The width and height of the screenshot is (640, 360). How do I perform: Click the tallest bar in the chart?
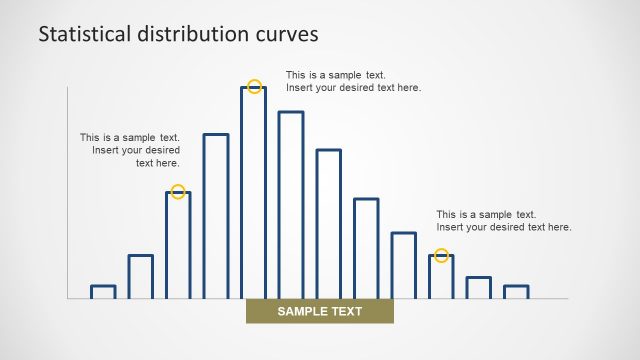coord(254,192)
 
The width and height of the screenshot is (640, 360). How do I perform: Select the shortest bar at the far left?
coord(103,292)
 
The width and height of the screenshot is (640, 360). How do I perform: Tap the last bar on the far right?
coord(516,292)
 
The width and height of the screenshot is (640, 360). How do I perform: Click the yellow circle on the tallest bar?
coord(254,87)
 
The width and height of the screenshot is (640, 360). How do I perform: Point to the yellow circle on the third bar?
coord(178,192)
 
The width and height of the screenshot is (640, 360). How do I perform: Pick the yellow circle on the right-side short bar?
coord(441,256)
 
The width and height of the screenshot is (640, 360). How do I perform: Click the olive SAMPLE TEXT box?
coord(320,312)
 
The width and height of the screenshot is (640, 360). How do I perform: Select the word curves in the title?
coord(287,34)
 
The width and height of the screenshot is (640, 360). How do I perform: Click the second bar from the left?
coord(141,277)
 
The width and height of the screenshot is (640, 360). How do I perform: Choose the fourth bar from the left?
coord(216,215)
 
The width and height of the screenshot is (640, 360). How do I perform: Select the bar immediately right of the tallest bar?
coord(291,205)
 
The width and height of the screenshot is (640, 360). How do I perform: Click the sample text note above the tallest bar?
coord(353,81)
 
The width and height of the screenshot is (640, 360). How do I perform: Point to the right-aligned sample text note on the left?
coord(130,150)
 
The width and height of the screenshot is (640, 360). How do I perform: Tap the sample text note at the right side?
coord(503,221)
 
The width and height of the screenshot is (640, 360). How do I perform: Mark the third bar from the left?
coord(178,245)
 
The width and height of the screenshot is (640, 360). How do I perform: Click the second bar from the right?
coord(479,288)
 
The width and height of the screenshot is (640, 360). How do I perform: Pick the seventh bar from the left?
coord(329,224)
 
